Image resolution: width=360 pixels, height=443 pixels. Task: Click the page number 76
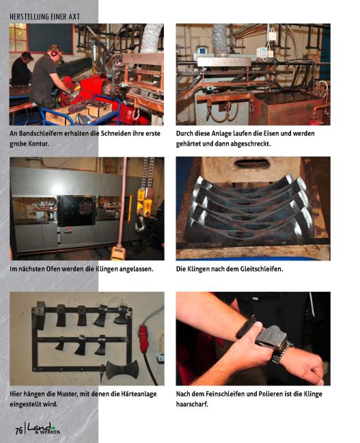[18, 429]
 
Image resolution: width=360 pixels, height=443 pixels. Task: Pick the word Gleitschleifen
[259, 269]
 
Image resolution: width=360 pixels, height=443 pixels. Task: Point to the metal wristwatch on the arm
[281, 352]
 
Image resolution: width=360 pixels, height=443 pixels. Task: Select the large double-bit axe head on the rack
[123, 369]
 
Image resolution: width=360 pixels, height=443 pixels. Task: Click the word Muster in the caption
[73, 394]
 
